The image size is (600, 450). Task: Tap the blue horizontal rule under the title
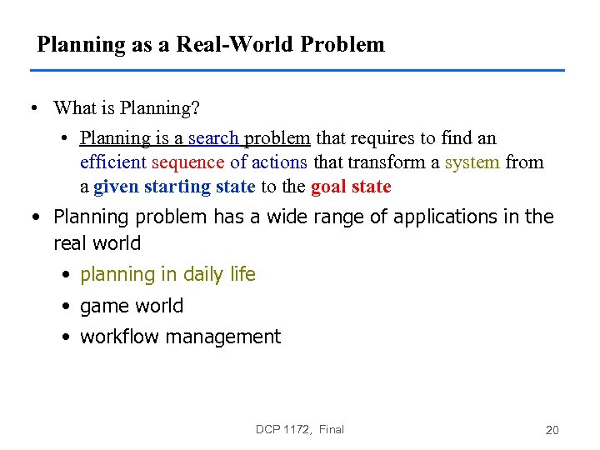[300, 70]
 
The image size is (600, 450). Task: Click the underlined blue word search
[213, 138]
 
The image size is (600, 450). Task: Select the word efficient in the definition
[113, 162]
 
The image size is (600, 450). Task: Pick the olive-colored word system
[472, 162]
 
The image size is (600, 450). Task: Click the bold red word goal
[329, 187]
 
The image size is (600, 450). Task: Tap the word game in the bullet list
[101, 307]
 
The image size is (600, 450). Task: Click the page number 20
[552, 430]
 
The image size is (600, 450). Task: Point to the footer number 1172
[297, 429]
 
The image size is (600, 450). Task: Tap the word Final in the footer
[331, 429]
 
